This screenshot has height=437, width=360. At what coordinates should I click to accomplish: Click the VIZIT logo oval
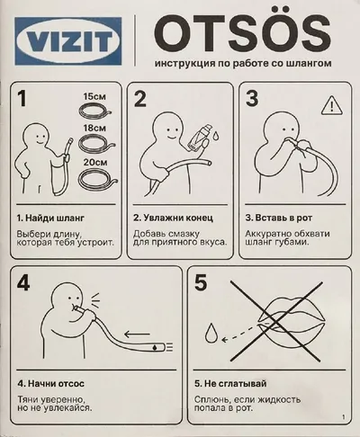tap(68, 40)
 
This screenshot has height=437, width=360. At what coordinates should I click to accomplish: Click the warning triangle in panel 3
tap(332, 105)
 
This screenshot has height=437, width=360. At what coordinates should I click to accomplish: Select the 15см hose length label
tap(94, 96)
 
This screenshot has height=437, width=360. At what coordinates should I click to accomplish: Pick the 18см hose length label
tap(94, 128)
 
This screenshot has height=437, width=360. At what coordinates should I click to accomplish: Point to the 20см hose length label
tap(95, 162)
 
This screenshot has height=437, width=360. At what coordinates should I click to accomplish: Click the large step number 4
tap(23, 283)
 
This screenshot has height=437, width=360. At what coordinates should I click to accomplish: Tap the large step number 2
tap(139, 99)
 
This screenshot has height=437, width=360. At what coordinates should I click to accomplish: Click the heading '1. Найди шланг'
tap(50, 218)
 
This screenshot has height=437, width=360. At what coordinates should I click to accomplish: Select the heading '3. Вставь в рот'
tap(279, 218)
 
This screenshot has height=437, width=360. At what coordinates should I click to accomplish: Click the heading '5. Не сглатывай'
tap(230, 383)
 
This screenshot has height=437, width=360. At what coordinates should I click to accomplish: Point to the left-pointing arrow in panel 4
tap(137, 334)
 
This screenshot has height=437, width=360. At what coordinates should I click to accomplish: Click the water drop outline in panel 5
tap(211, 333)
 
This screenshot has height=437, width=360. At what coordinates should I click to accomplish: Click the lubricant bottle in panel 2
tap(198, 137)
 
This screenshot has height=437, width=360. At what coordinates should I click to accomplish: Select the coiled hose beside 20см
tap(97, 178)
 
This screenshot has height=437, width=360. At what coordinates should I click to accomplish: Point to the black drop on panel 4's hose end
tap(155, 347)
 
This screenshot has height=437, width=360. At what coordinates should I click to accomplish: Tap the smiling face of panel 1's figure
tap(39, 138)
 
